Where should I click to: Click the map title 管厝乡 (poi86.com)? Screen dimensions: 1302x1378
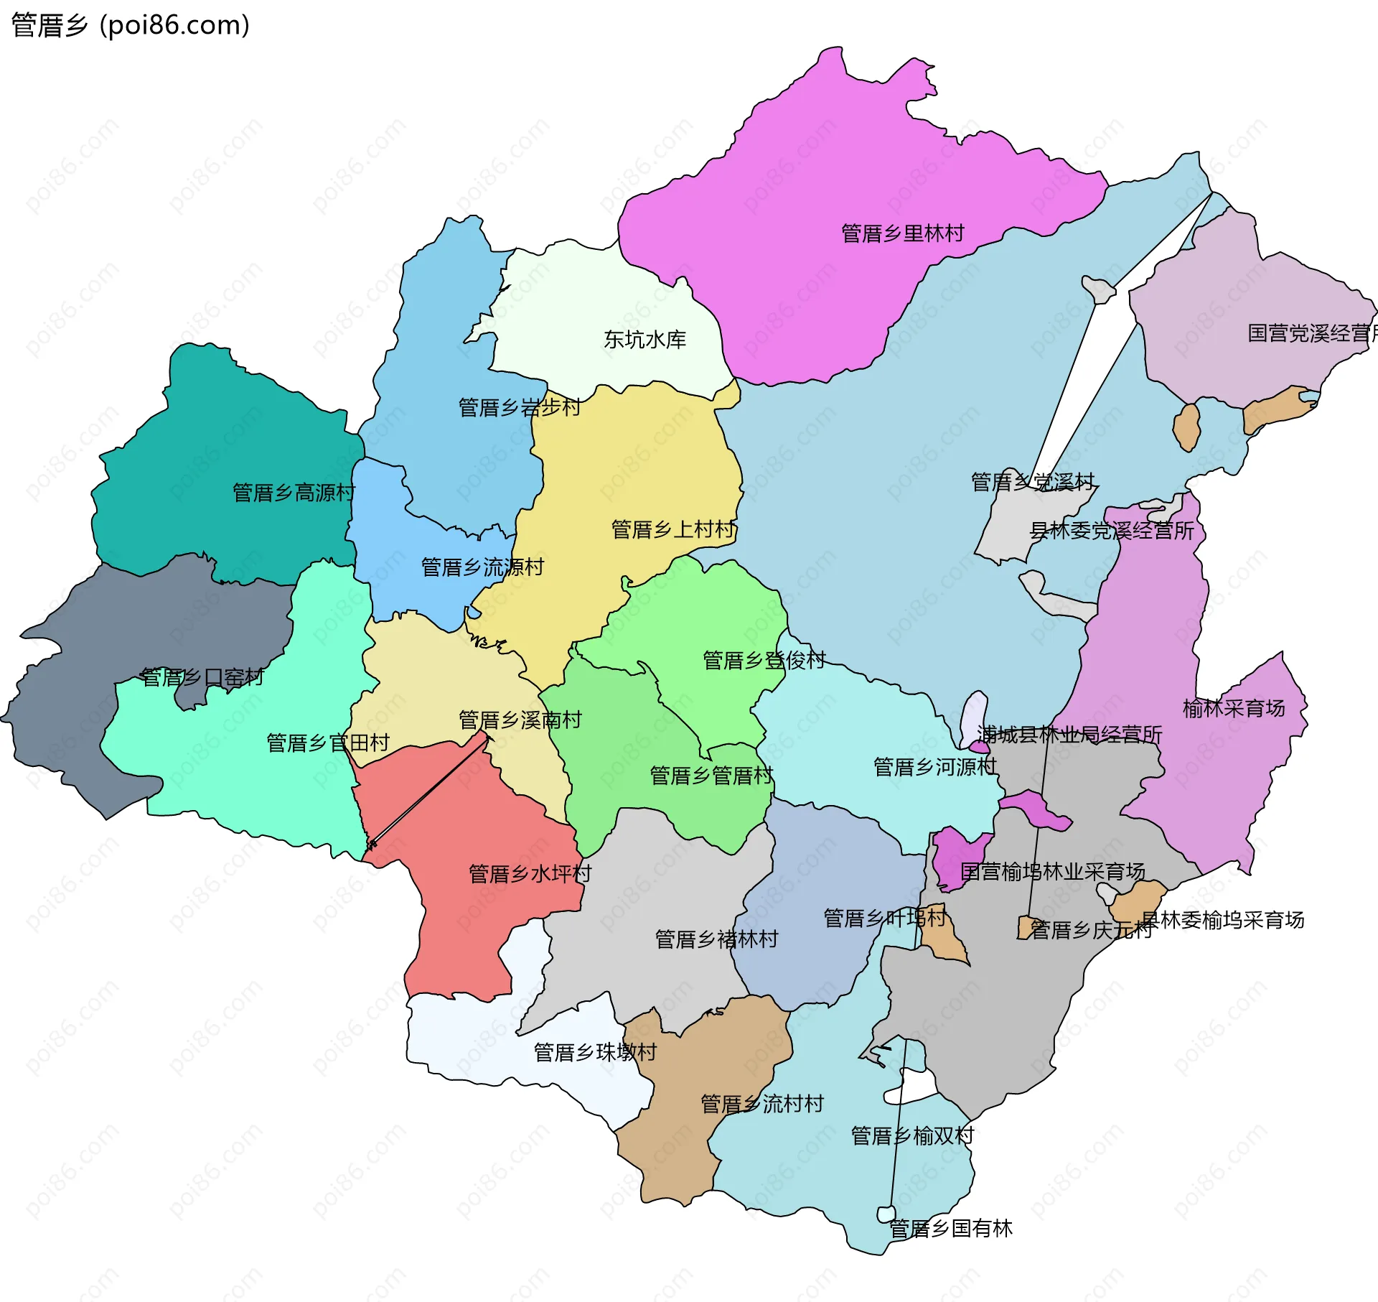point(131,25)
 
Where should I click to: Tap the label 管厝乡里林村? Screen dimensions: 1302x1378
point(902,233)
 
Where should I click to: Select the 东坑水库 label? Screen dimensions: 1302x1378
point(645,340)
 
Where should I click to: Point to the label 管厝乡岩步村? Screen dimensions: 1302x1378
point(520,408)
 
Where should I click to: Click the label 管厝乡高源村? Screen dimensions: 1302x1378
point(294,493)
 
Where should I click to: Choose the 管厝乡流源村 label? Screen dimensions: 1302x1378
point(482,567)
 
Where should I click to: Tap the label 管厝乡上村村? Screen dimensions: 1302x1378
point(672,529)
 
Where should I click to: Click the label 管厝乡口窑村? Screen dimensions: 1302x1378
point(202,677)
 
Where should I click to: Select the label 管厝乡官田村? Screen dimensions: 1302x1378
point(328,743)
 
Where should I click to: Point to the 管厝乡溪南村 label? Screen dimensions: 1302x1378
point(520,720)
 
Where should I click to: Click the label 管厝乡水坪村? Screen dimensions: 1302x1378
point(530,874)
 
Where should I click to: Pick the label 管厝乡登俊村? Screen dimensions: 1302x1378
point(764,660)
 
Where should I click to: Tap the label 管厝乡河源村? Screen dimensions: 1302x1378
point(934,767)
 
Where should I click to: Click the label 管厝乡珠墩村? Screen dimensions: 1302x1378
point(595,1052)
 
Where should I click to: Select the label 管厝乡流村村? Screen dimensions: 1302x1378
point(761,1104)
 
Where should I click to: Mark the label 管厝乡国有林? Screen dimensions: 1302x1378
point(950,1228)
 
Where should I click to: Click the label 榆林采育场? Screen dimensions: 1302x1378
point(1233,708)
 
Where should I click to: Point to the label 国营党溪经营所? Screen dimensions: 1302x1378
point(1311,333)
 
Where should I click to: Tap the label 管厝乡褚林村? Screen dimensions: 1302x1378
point(716,939)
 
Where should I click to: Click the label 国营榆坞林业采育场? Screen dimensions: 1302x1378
point(1052,872)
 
